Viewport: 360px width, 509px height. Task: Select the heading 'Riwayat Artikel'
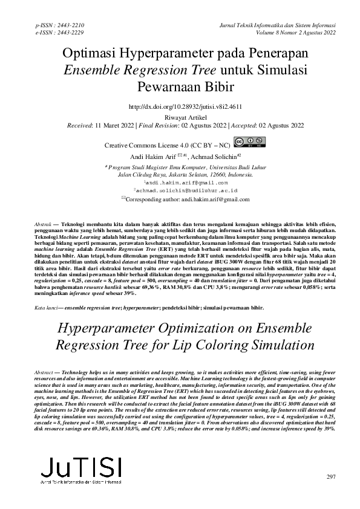point(180,117)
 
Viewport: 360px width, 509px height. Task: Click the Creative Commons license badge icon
point(248,143)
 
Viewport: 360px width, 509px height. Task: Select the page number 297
point(330,477)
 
